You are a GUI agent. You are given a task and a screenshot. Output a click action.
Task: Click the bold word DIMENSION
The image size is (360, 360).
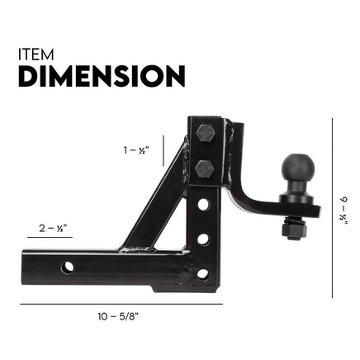tap(101, 77)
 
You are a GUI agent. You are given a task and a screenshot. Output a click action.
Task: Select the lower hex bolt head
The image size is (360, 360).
tap(206, 168)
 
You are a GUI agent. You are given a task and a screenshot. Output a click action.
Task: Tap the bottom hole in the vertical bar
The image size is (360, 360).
tap(202, 273)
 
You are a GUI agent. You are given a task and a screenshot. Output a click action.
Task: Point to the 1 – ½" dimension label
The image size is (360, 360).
tap(135, 150)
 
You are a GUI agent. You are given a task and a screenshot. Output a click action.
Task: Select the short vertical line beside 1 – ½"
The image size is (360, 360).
tap(164, 152)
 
